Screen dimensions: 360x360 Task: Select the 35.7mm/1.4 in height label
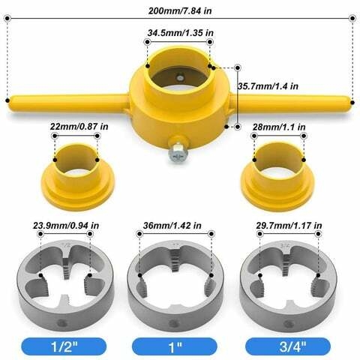268,85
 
